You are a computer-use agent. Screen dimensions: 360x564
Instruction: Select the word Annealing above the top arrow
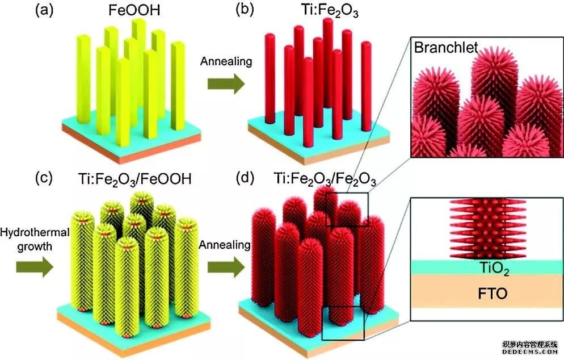pyautogui.click(x=226, y=60)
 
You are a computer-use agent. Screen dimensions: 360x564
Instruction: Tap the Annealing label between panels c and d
pyautogui.click(x=225, y=245)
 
